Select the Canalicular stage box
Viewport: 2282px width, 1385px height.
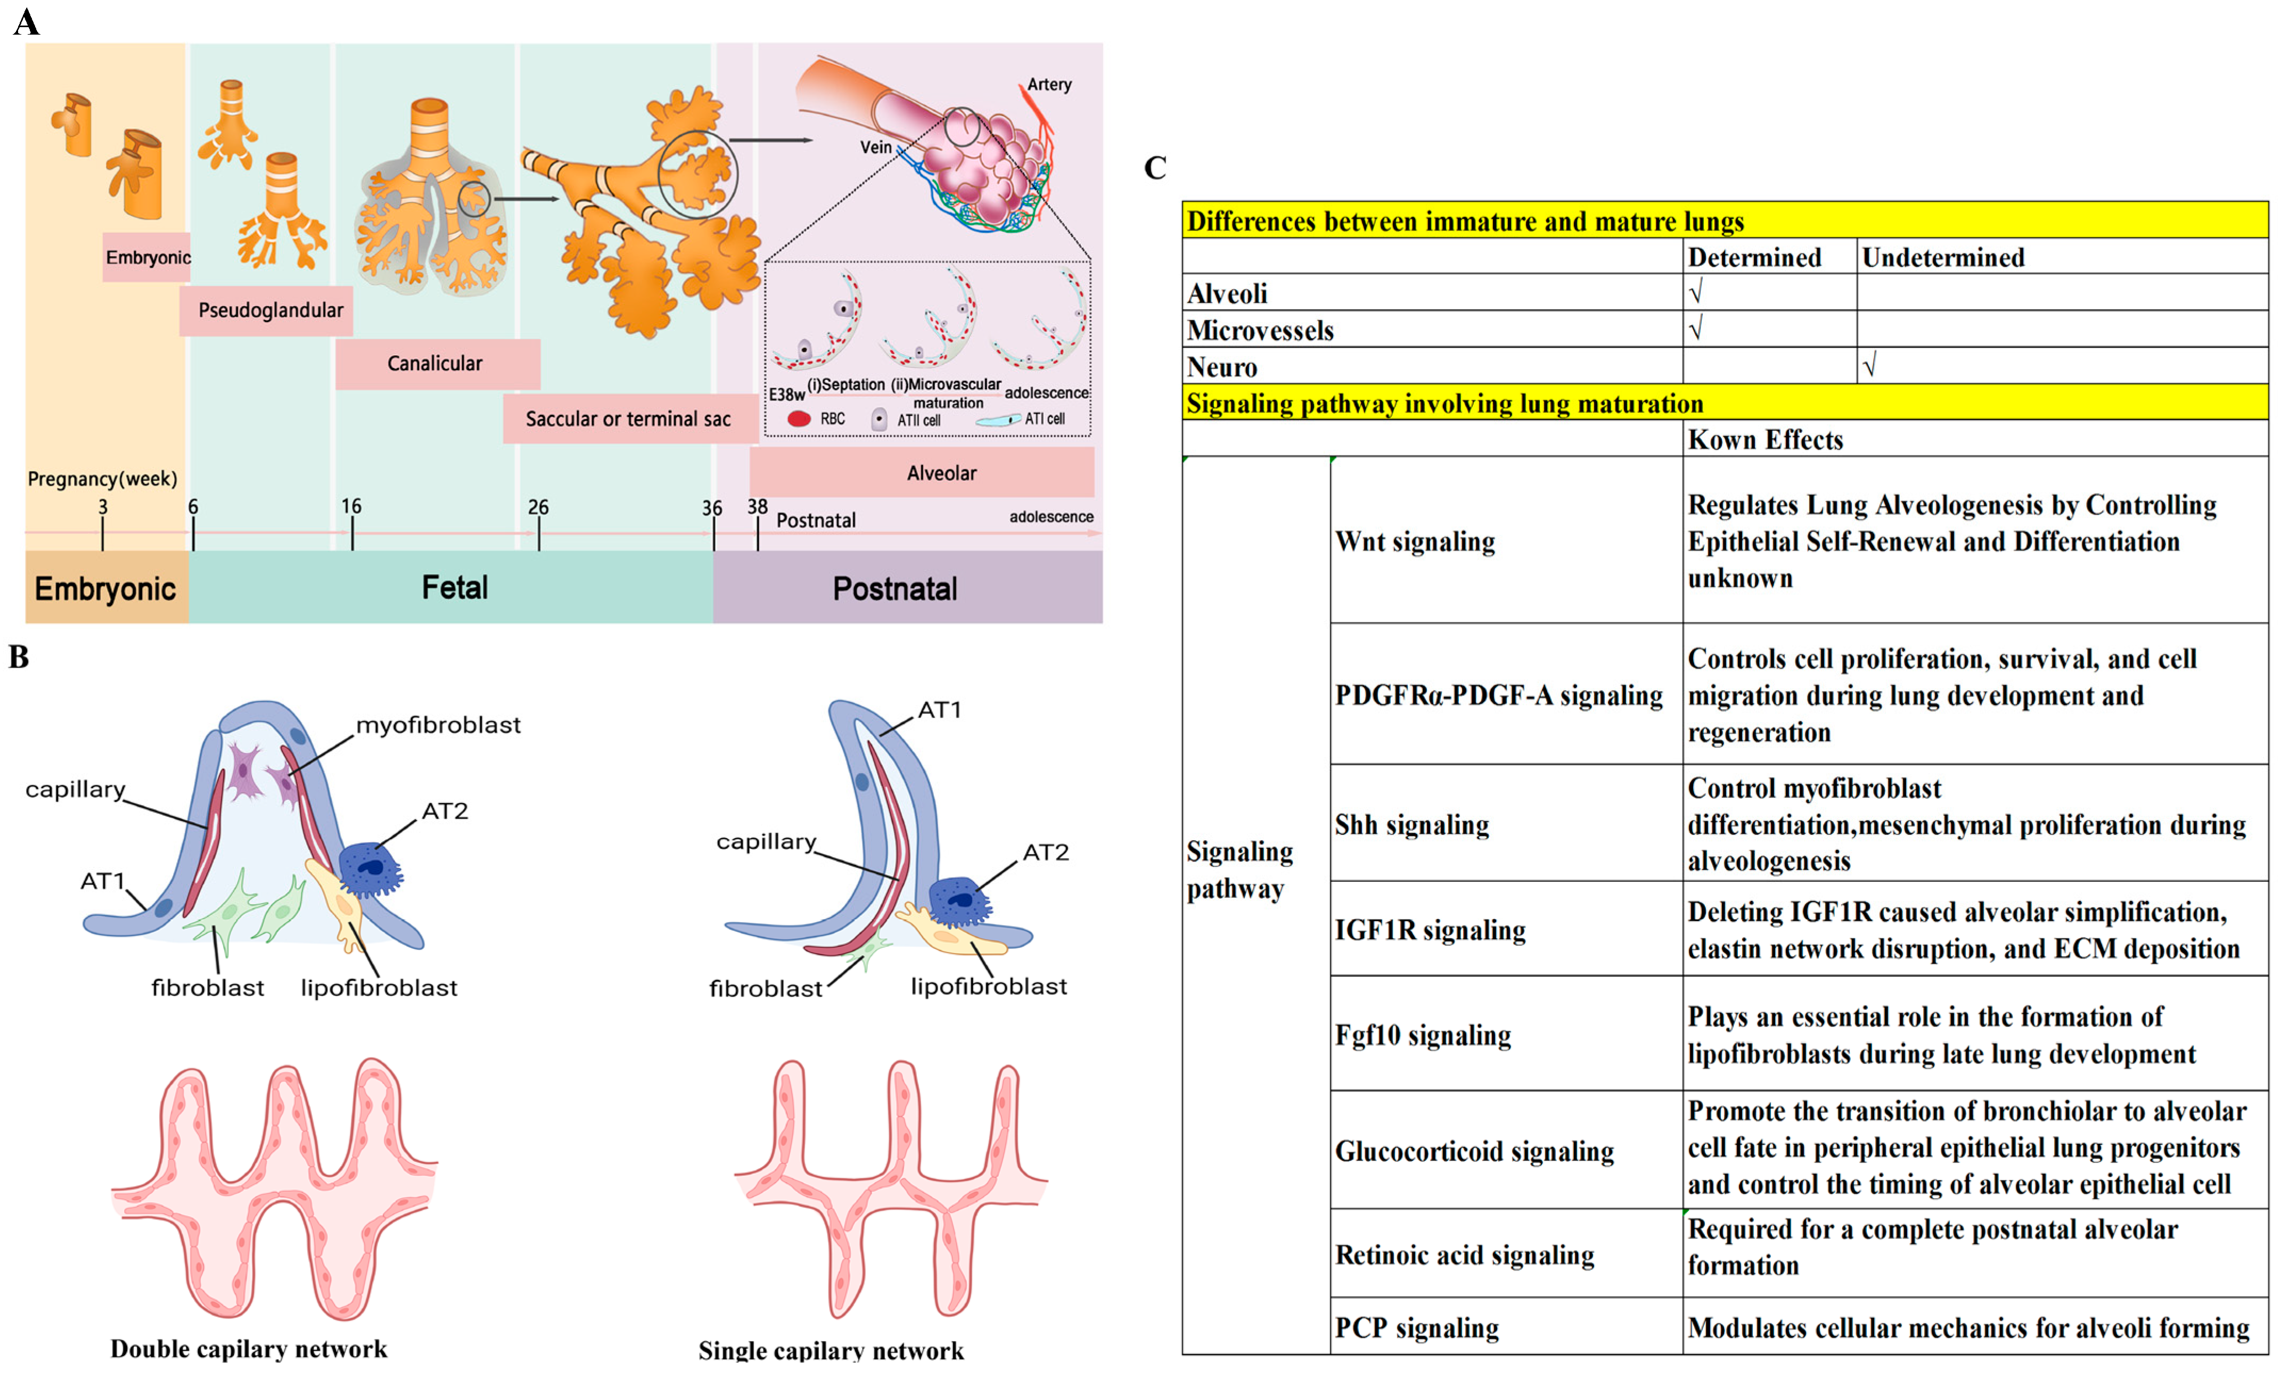click(x=436, y=363)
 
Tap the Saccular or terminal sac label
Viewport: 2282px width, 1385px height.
click(x=628, y=419)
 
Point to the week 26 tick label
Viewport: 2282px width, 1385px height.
click(x=538, y=507)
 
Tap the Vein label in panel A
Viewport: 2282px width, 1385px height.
click(x=875, y=147)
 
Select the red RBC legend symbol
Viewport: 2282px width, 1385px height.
click(x=798, y=419)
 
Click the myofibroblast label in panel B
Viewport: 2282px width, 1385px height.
click(x=438, y=725)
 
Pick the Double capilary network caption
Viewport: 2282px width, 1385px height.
click(x=248, y=1349)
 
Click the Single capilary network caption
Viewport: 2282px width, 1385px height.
click(x=831, y=1351)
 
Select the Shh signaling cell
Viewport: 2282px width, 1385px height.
click(x=1411, y=824)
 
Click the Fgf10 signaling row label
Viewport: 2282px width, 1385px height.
click(x=1423, y=1035)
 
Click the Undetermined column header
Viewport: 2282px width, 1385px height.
click(x=1942, y=258)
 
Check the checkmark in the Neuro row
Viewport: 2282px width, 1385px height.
click(x=1869, y=367)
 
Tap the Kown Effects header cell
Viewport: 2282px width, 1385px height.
click(x=1765, y=439)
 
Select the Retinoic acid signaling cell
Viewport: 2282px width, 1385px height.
click(x=1464, y=1255)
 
